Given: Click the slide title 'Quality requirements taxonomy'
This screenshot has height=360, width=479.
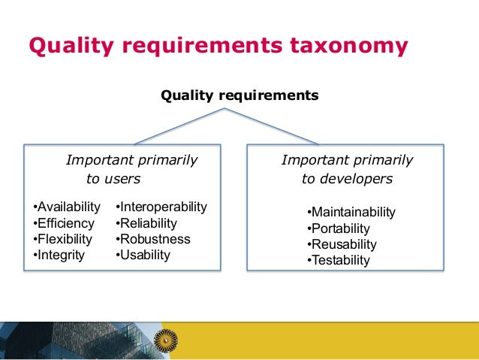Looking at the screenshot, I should tap(218, 47).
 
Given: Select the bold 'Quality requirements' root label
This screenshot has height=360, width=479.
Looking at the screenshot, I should tap(239, 95).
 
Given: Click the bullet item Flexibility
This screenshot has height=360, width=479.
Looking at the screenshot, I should tap(63, 239).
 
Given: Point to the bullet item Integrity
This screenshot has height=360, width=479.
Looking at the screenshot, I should tap(59, 255).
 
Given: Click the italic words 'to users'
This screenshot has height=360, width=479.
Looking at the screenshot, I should tap(113, 179).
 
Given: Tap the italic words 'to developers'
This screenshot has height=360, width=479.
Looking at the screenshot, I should tap(347, 179).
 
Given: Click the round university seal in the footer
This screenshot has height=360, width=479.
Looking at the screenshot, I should tap(164, 340).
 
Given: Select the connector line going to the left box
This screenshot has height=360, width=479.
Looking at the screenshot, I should tap(179, 126).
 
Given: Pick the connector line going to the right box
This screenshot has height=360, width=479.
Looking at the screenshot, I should tap(272, 126).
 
